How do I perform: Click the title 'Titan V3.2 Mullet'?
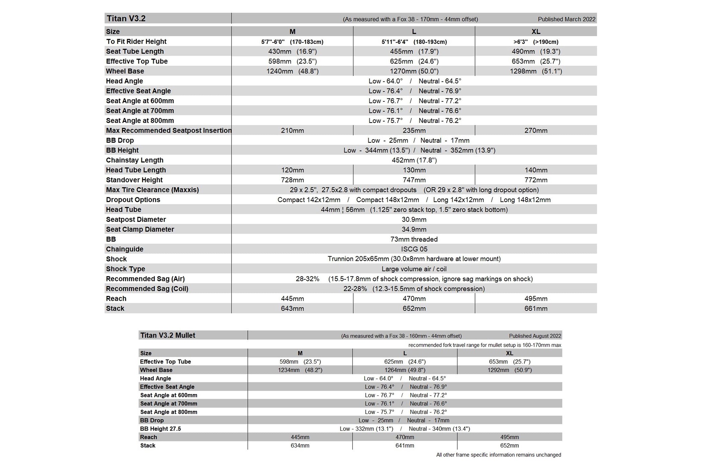point(167,335)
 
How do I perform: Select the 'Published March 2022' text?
point(566,19)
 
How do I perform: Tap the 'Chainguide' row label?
point(125,249)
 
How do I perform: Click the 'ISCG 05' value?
point(414,249)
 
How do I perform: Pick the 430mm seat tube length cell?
point(292,51)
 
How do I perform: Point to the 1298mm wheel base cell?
point(536,71)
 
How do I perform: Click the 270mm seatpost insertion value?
point(536,130)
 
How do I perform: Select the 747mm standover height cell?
point(414,180)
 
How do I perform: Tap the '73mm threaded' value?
point(414,239)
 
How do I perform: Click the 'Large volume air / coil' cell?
point(414,269)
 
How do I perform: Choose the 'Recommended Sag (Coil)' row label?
point(147,288)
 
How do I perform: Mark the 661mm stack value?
point(536,308)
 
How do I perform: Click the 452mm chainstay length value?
point(414,160)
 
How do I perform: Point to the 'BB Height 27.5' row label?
point(160,428)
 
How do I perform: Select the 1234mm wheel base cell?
point(300,370)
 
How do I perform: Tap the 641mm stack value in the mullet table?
point(404,446)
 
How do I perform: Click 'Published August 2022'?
point(535,336)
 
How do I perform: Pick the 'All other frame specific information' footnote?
point(498,455)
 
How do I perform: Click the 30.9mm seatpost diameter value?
point(414,219)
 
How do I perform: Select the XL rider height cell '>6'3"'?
point(536,42)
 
